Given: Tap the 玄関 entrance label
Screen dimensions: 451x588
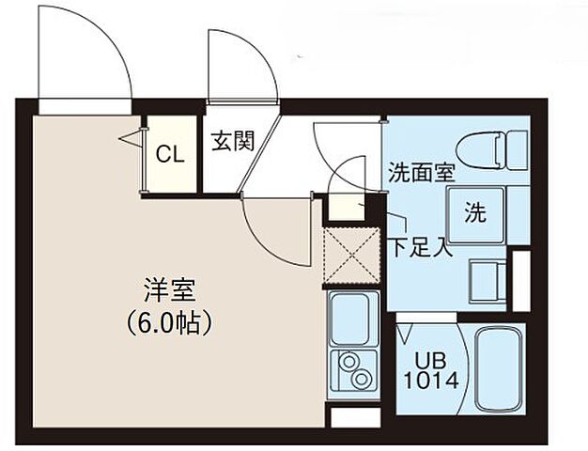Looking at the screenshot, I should (x=231, y=142).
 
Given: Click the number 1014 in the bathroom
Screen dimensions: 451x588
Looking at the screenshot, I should (x=431, y=381).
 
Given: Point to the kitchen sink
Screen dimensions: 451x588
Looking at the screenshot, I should (x=352, y=318).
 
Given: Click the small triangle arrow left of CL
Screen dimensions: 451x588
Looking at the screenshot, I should (x=129, y=139).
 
